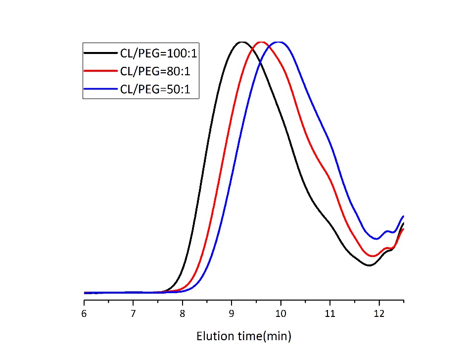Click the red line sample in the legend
[100, 71]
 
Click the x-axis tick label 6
[84, 313]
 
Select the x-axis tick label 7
[133, 313]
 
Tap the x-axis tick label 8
[183, 313]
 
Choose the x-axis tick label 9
[232, 313]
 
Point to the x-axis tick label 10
[281, 313]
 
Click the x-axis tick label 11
[330, 313]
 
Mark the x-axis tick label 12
[379, 313]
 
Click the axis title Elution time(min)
[244, 337]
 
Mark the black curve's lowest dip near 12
[369, 265]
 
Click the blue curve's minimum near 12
[377, 239]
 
